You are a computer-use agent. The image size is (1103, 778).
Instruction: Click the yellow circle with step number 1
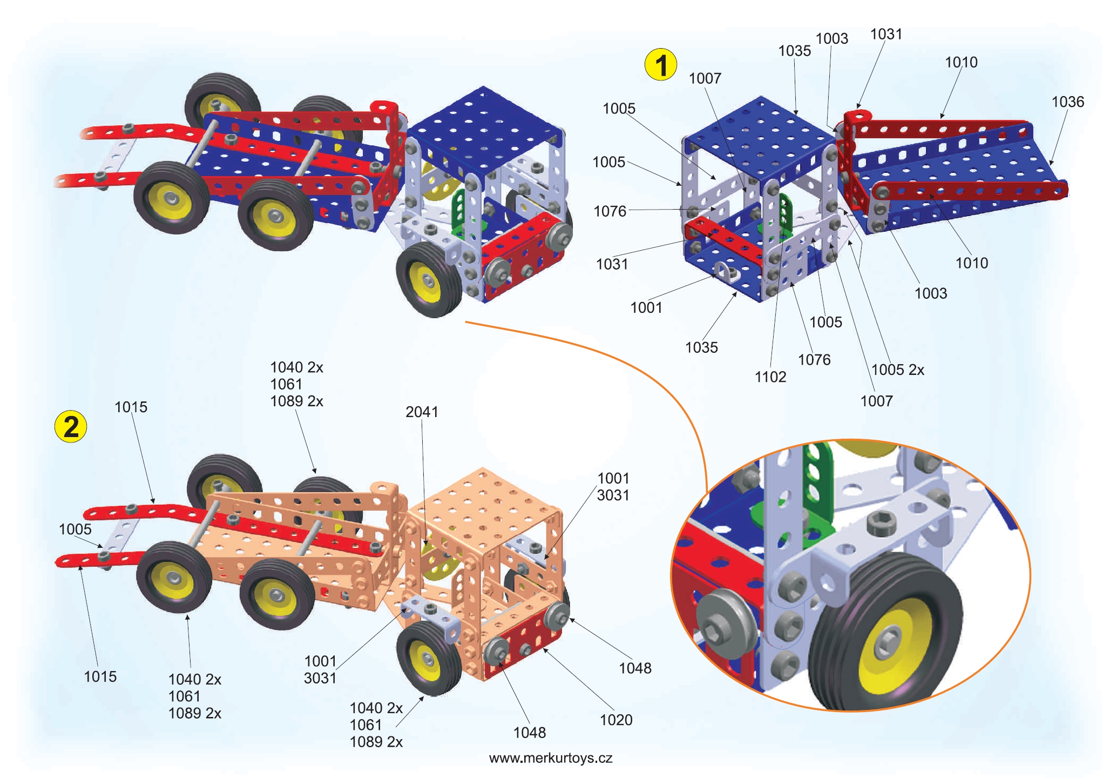(x=660, y=65)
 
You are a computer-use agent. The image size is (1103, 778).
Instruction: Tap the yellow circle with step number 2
(x=71, y=426)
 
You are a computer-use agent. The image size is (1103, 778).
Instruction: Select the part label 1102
(x=770, y=377)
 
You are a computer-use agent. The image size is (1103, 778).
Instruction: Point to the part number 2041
(x=422, y=412)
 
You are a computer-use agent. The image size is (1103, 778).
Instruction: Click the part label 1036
(x=1067, y=102)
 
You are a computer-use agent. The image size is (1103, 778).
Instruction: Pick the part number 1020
(x=616, y=720)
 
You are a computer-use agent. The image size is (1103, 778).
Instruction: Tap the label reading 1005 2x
(x=897, y=370)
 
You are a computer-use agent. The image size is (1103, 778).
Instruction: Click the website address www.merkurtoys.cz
(x=551, y=758)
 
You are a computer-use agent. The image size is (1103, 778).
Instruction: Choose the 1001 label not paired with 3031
(x=646, y=307)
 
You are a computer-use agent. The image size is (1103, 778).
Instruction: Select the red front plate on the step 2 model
(x=524, y=648)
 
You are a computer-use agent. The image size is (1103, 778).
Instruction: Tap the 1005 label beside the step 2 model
(x=75, y=529)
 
